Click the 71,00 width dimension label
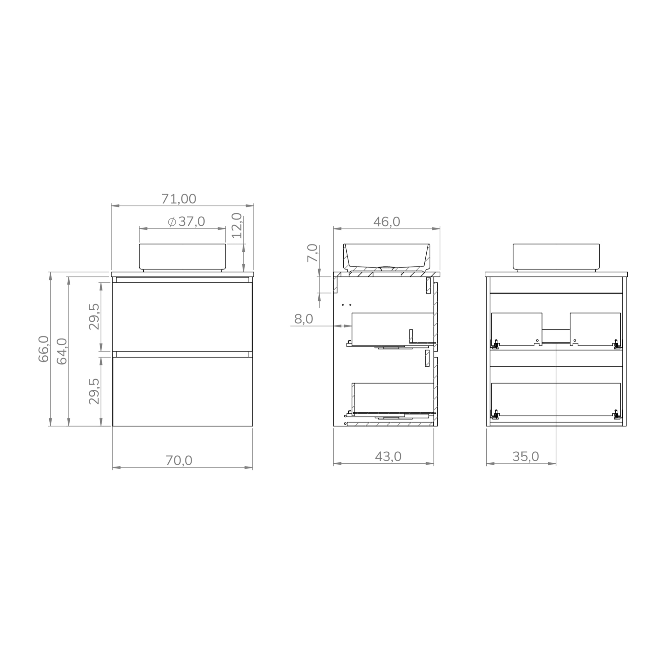point(179,199)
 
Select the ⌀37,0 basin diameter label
point(187,222)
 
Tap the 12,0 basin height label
point(237,225)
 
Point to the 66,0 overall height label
point(44,349)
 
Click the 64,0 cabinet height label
point(62,351)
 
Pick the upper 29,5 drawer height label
point(94,316)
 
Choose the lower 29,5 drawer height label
point(94,391)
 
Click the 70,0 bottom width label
point(179,460)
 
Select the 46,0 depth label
point(387,222)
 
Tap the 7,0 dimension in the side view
point(313,253)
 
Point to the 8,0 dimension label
point(303,319)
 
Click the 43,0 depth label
point(388,457)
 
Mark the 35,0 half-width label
point(526,457)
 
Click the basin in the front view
point(183,256)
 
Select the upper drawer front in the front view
point(183,316)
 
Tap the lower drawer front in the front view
point(183,392)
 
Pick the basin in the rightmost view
point(556,256)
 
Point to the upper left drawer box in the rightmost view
point(516,328)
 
